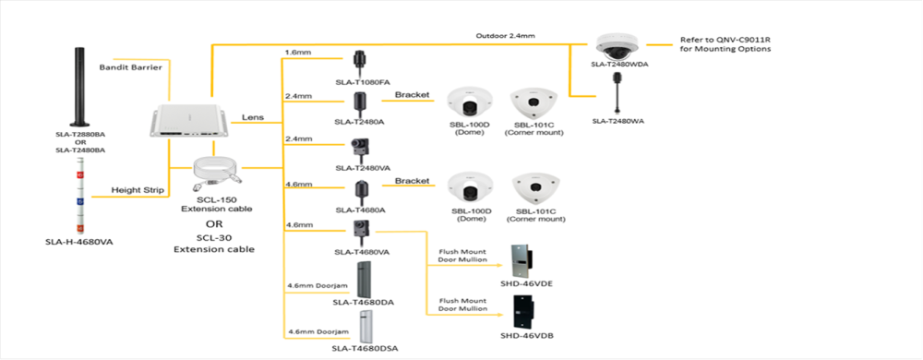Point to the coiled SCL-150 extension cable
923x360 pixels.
(x=216, y=174)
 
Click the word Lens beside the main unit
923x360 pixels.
(x=253, y=117)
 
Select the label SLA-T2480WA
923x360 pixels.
(x=617, y=122)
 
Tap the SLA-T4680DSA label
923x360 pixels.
(x=365, y=349)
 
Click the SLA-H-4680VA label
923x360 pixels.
(x=78, y=241)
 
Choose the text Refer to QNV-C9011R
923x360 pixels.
(x=725, y=40)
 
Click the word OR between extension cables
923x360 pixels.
(x=214, y=224)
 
